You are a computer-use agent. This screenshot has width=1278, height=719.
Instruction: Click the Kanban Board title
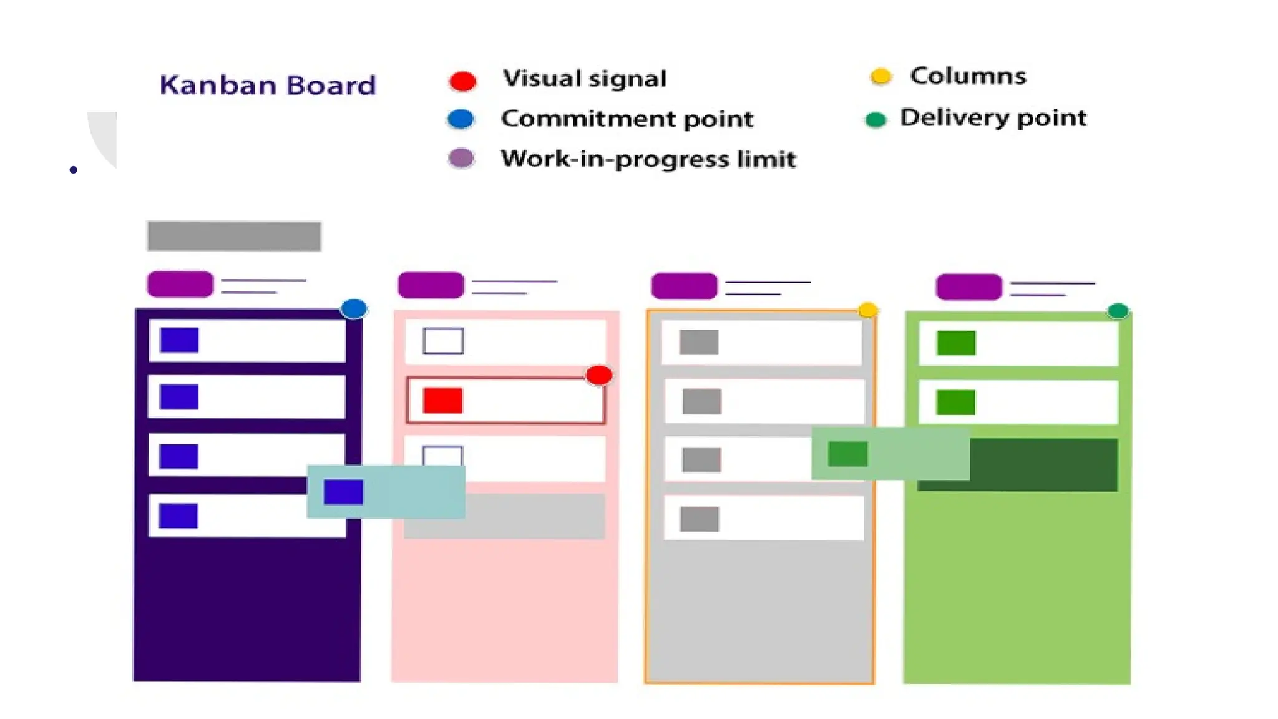pyautogui.click(x=268, y=86)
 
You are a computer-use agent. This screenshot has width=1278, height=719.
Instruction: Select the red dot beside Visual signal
pyautogui.click(x=462, y=81)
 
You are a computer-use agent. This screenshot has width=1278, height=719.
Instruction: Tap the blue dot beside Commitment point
pyautogui.click(x=461, y=119)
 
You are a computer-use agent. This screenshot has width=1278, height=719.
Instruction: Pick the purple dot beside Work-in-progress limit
pyautogui.click(x=461, y=159)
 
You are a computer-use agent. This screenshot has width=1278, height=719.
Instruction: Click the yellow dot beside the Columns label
pyautogui.click(x=880, y=76)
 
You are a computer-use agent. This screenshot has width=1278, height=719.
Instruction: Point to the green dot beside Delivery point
pyautogui.click(x=876, y=119)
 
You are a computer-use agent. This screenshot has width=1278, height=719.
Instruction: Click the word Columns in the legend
pyautogui.click(x=967, y=76)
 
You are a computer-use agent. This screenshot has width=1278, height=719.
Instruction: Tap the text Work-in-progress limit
pyautogui.click(x=648, y=159)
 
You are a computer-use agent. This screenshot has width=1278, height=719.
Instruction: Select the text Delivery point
pyautogui.click(x=993, y=118)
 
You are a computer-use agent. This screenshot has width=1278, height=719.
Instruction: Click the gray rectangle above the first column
pyautogui.click(x=234, y=236)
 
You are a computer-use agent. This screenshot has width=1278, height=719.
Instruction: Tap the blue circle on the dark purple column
pyautogui.click(x=354, y=308)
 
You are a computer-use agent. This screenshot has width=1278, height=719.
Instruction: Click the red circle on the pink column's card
pyautogui.click(x=599, y=375)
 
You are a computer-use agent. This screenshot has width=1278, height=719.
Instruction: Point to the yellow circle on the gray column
pyautogui.click(x=867, y=310)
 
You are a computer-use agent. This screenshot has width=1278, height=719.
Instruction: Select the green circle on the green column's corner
pyautogui.click(x=1118, y=310)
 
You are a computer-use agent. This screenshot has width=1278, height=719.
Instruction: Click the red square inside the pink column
pyautogui.click(x=442, y=401)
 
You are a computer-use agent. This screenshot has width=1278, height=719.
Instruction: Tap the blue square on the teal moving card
pyautogui.click(x=343, y=492)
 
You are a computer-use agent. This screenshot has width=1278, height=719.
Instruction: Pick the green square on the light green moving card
pyautogui.click(x=847, y=454)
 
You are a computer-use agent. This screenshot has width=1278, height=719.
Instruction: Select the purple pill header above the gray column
pyautogui.click(x=684, y=286)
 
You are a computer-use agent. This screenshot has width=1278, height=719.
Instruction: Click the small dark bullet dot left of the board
pyautogui.click(x=74, y=170)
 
